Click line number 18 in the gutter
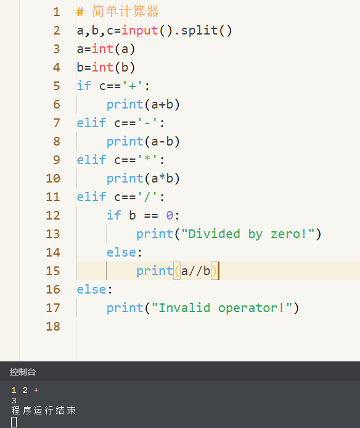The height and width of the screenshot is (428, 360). [53, 326]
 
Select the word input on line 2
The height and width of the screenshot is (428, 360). [140, 31]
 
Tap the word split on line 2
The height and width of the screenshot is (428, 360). [199, 30]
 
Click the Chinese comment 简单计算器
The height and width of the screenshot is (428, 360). [125, 12]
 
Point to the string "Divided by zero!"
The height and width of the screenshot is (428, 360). [248, 234]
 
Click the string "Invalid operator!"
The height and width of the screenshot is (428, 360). [222, 308]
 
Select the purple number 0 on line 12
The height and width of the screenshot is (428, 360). [170, 215]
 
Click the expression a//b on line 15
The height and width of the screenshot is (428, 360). [195, 271]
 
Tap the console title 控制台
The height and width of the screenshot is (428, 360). [23, 372]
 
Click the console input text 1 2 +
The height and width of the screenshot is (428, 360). [25, 390]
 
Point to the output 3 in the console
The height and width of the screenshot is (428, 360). [14, 400]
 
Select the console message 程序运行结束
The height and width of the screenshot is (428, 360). [43, 411]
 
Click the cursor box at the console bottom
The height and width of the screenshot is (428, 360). [14, 422]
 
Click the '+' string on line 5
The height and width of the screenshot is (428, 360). [133, 86]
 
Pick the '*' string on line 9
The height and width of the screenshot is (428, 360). [147, 159]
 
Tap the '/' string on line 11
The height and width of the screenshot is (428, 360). [147, 197]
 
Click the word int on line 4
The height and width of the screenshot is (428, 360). [102, 67]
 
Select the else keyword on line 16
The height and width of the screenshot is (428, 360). [91, 289]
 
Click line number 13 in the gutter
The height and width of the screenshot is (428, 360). [53, 234]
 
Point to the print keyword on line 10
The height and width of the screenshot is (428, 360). [125, 179]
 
